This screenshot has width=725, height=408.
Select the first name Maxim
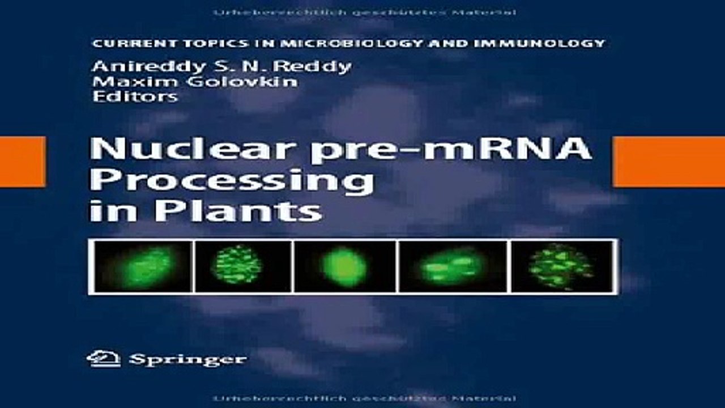click(x=118, y=82)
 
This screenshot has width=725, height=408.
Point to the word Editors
click(x=135, y=96)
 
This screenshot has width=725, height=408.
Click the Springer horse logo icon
click(x=104, y=359)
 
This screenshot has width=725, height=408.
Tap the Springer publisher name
click(x=187, y=359)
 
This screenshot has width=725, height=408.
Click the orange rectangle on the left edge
click(x=22, y=161)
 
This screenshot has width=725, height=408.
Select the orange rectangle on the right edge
click(x=669, y=161)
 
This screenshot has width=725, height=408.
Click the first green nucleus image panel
click(x=142, y=266)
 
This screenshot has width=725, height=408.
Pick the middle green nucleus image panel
click(x=344, y=266)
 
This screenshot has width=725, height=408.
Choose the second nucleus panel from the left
click(x=243, y=266)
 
